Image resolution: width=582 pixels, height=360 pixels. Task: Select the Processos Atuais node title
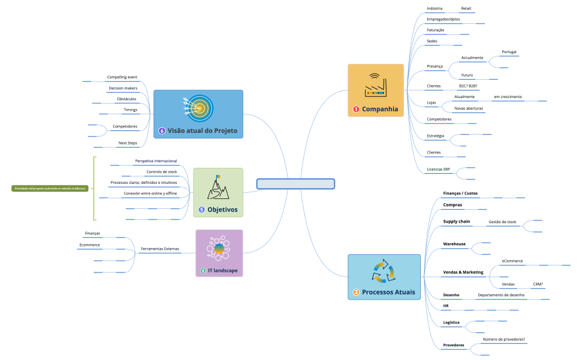click(x=388, y=292)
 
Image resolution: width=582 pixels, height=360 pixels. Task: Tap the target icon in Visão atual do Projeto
click(x=198, y=107)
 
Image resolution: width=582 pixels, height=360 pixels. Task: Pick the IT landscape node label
click(x=223, y=271)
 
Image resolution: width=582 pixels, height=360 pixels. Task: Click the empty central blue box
click(x=296, y=184)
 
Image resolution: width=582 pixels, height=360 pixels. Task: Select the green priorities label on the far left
click(x=50, y=188)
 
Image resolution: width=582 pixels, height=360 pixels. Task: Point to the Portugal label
click(x=509, y=52)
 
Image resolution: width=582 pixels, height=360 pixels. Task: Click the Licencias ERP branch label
click(x=438, y=169)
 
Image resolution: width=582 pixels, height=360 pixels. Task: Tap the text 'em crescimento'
click(x=507, y=97)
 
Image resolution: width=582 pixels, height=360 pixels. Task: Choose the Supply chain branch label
click(x=456, y=222)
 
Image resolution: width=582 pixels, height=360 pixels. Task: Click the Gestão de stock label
click(x=502, y=222)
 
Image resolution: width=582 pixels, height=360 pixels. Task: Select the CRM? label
click(x=538, y=284)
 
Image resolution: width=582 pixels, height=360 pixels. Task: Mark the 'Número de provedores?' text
click(x=503, y=340)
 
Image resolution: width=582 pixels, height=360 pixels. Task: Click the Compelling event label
click(x=122, y=77)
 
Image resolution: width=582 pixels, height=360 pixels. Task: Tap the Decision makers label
click(x=123, y=88)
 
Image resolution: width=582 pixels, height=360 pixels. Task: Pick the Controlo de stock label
click(x=162, y=172)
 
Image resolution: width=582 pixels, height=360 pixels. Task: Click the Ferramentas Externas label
click(x=160, y=249)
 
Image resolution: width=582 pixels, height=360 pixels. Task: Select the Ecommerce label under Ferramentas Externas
click(x=89, y=244)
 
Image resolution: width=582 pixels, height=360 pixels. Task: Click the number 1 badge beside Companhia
click(x=356, y=109)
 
